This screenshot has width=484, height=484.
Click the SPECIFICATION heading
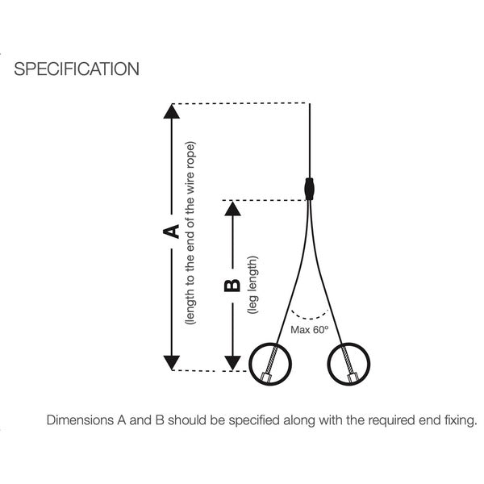pos(77,69)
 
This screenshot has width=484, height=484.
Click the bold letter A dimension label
pos(171,232)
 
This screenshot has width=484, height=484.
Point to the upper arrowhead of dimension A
pos(171,111)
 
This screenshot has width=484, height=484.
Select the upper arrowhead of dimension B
pos(232,208)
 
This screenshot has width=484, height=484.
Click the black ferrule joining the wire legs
pos(310,188)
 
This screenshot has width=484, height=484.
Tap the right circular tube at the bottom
pos(348,364)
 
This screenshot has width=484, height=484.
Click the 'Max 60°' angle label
pos(311,330)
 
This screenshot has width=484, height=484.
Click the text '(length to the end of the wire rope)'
pos(190,234)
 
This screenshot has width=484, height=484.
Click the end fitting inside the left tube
pos(265,374)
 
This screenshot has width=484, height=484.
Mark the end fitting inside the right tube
pos(353,375)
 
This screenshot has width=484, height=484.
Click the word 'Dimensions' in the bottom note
pos(81,420)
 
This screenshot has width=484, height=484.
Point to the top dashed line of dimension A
pos(242,103)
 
